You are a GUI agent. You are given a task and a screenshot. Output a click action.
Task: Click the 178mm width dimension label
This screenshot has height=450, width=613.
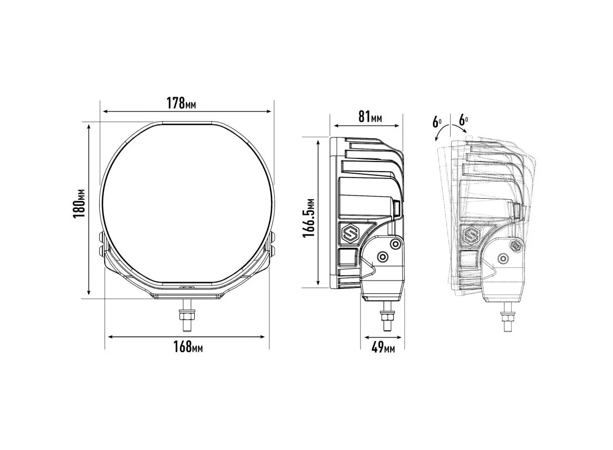(x=181, y=103)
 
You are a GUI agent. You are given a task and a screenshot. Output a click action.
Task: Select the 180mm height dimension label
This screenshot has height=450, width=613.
(x=80, y=204)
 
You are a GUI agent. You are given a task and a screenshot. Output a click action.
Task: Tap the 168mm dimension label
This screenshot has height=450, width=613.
(x=188, y=346)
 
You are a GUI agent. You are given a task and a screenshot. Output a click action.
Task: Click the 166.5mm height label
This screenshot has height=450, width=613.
(x=308, y=218)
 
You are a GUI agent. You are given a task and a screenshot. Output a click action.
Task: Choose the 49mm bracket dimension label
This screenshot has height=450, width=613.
(x=383, y=347)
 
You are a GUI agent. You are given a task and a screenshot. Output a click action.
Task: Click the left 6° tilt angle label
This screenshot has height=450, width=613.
(x=437, y=122)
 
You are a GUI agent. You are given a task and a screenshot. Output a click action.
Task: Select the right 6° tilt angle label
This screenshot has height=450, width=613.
(x=464, y=120)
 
